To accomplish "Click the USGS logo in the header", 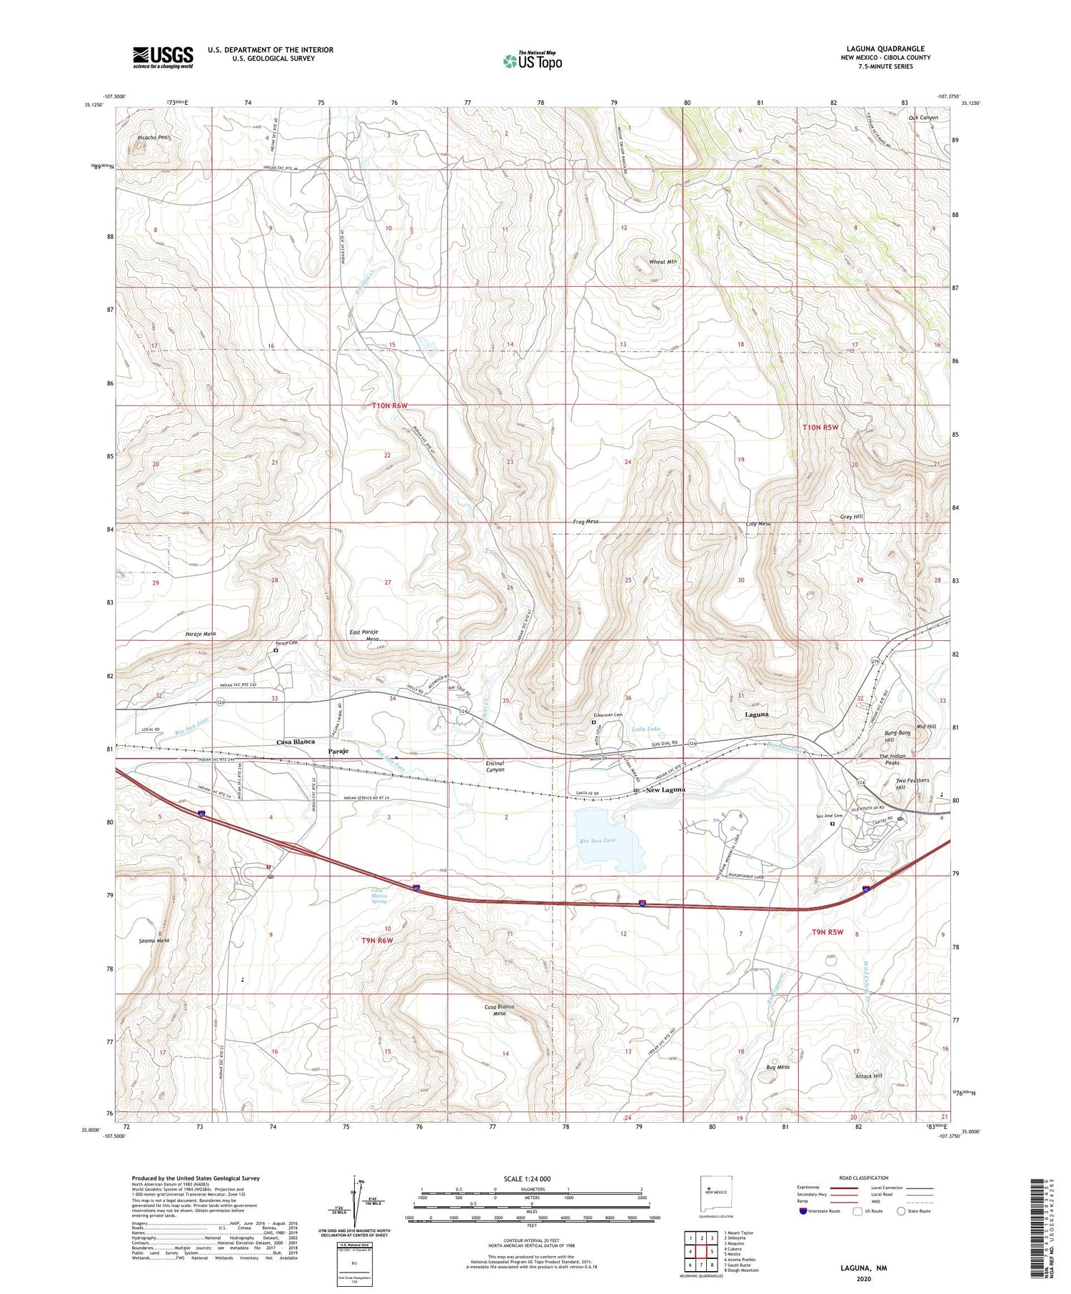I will pyautogui.click(x=163, y=57).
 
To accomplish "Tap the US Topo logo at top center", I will pyautogui.click(x=532, y=61).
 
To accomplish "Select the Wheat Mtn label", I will pyautogui.click(x=662, y=262).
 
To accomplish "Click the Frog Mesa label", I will pyautogui.click(x=585, y=522).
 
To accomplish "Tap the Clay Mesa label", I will pyautogui.click(x=758, y=524).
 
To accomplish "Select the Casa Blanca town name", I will pyautogui.click(x=296, y=742).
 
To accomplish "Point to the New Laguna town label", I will pyautogui.click(x=664, y=790).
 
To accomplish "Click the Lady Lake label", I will pyautogui.click(x=646, y=729).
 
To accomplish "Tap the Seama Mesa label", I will pyautogui.click(x=154, y=941).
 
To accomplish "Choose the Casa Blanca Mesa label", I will pyautogui.click(x=499, y=1010).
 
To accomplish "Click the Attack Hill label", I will pyautogui.click(x=868, y=1076).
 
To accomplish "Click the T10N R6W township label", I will pyautogui.click(x=390, y=405).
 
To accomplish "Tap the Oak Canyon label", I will pyautogui.click(x=923, y=118).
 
